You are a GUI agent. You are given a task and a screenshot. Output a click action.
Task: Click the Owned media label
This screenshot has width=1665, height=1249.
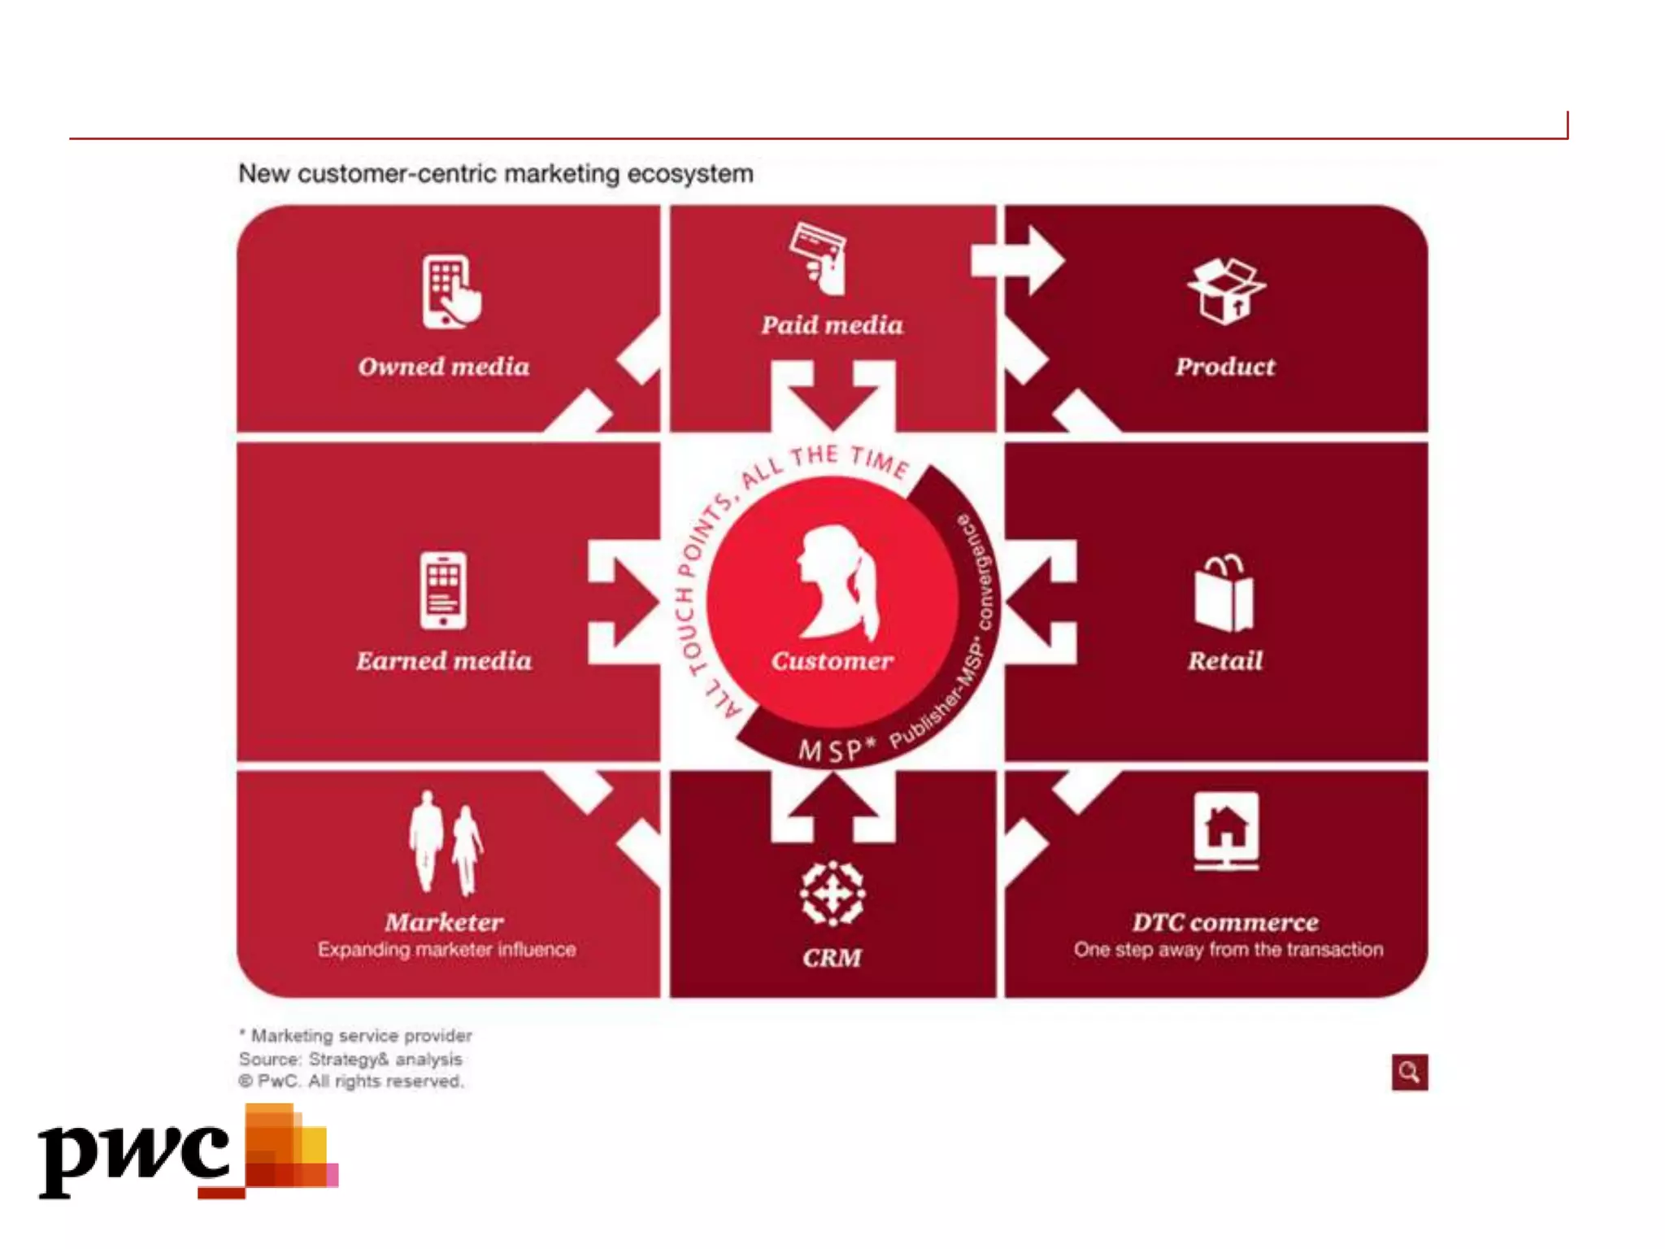[444, 367]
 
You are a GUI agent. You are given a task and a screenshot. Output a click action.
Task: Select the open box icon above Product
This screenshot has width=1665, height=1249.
[1226, 291]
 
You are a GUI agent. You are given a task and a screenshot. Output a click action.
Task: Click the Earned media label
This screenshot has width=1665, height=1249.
[444, 660]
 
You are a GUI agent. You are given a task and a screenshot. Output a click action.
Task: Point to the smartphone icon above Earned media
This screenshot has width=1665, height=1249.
[443, 590]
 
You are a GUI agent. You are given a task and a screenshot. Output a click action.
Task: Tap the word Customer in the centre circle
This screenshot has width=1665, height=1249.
[832, 660]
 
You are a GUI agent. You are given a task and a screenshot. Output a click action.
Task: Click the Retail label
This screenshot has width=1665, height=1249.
[1225, 660]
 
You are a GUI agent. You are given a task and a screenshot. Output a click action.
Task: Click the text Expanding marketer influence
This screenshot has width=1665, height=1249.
[446, 950]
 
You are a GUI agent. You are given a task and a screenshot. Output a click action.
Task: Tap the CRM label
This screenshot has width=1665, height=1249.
[832, 958]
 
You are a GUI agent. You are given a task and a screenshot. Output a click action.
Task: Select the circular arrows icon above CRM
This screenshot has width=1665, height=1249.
[832, 894]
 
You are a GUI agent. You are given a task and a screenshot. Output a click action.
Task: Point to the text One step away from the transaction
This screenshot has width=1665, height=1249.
[1228, 950]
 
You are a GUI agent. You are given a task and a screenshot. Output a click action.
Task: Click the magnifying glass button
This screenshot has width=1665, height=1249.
[1409, 1073]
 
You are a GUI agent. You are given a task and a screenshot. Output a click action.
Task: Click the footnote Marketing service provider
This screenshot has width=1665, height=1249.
[358, 1036]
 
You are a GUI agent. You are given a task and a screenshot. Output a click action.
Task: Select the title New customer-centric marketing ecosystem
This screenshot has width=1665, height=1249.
[496, 174]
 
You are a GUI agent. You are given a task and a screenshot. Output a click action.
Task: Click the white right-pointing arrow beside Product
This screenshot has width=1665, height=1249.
[1019, 260]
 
